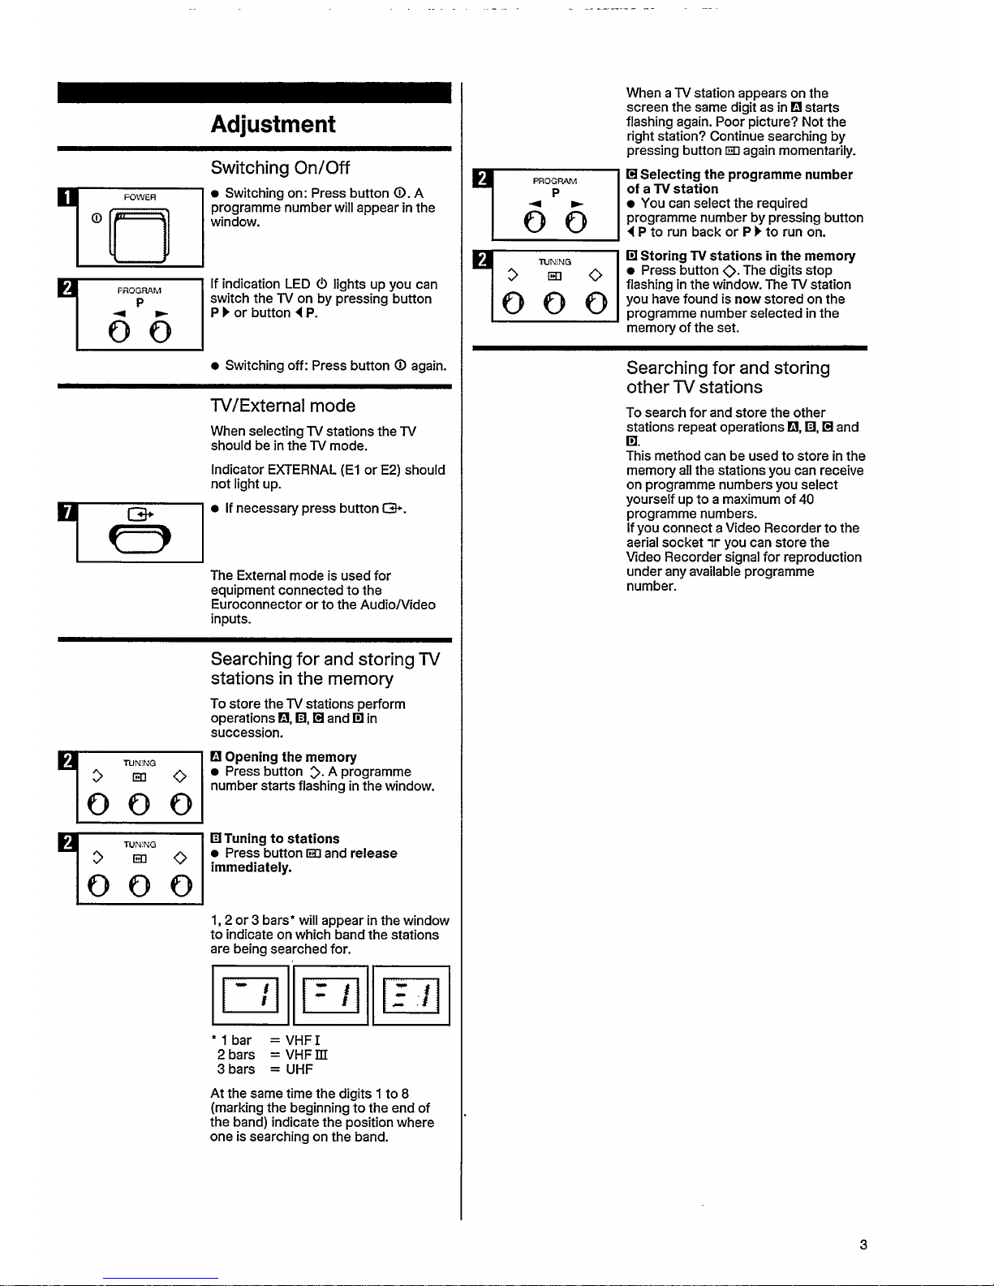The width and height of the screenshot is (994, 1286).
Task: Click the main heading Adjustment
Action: pyautogui.click(x=273, y=124)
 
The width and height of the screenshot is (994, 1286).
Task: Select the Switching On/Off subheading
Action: pyautogui.click(x=280, y=168)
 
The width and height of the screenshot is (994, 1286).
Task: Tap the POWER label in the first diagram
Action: pyautogui.click(x=140, y=197)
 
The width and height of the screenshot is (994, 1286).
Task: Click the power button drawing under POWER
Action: pyautogui.click(x=141, y=234)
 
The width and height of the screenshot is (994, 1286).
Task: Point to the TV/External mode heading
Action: pyautogui.click(x=282, y=406)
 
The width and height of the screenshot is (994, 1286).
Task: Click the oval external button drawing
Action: pyautogui.click(x=140, y=540)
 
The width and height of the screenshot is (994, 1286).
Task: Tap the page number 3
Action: pyautogui.click(x=863, y=1245)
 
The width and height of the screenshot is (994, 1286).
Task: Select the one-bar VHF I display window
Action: pyautogui.click(x=250, y=996)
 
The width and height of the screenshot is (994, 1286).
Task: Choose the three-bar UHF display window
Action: pyautogui.click(x=411, y=996)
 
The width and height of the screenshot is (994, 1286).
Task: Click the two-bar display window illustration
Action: pyautogui.click(x=330, y=996)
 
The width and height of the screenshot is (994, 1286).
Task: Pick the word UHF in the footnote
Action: pyautogui.click(x=299, y=1069)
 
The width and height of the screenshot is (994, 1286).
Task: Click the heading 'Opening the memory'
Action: pyautogui.click(x=290, y=757)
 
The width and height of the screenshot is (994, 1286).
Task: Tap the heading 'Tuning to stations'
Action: pyautogui.click(x=282, y=839)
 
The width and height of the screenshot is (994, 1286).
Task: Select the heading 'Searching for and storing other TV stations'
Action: pyautogui.click(x=728, y=377)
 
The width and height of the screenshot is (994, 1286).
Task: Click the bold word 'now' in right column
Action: pyautogui.click(x=747, y=299)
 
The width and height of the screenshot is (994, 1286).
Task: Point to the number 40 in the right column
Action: pyautogui.click(x=806, y=499)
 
